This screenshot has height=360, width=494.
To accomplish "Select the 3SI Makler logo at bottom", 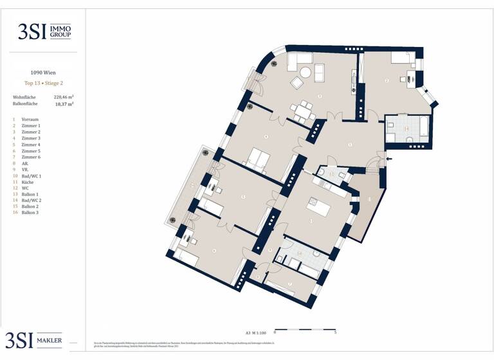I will click(x=35, y=340).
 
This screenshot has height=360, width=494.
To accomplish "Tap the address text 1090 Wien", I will click(x=43, y=73).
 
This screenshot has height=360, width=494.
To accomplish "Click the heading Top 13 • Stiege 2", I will click(x=43, y=84).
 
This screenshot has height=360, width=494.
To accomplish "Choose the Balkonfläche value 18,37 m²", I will click(x=64, y=104).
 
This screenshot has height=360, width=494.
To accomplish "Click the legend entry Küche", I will click(x=28, y=181).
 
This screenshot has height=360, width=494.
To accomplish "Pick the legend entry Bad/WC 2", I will click(x=32, y=200).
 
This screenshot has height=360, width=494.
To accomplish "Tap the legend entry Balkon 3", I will click(x=30, y=212).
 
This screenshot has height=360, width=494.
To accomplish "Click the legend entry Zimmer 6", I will click(x=31, y=157).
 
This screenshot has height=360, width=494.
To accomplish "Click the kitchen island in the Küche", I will click(x=319, y=209).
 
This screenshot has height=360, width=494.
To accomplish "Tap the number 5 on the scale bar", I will click(x=335, y=333).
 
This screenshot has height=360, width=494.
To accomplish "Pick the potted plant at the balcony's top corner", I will click(x=205, y=153).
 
